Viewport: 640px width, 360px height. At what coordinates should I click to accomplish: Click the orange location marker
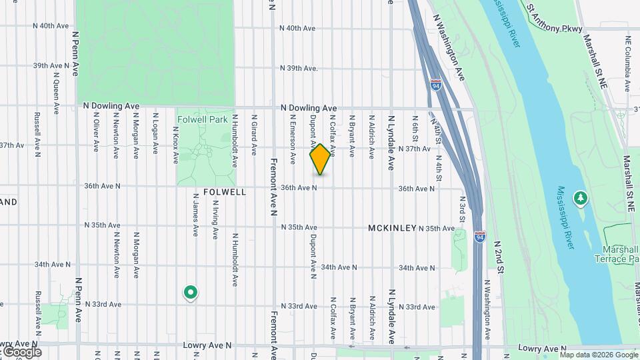(x=320, y=159)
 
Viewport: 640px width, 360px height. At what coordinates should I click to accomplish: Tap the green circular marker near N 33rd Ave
(x=191, y=292)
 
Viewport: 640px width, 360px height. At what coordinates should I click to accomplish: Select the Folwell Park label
(x=203, y=120)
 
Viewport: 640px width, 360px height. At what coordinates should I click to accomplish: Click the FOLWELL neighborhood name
(x=224, y=192)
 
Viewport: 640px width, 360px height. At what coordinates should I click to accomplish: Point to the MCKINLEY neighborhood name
(x=392, y=228)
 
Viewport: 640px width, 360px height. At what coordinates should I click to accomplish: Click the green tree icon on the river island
(x=581, y=197)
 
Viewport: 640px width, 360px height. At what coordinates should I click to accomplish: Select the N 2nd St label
(x=498, y=257)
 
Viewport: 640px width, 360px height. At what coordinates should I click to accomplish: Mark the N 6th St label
(x=415, y=129)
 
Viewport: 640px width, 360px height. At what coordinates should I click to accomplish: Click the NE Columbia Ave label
(x=627, y=59)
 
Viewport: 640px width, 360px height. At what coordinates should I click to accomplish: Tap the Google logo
(x=21, y=352)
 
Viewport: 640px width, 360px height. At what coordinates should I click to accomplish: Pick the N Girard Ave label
(x=254, y=133)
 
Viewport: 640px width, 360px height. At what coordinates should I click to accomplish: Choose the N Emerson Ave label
(x=292, y=138)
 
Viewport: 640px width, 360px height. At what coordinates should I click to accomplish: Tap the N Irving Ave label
(x=215, y=223)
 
